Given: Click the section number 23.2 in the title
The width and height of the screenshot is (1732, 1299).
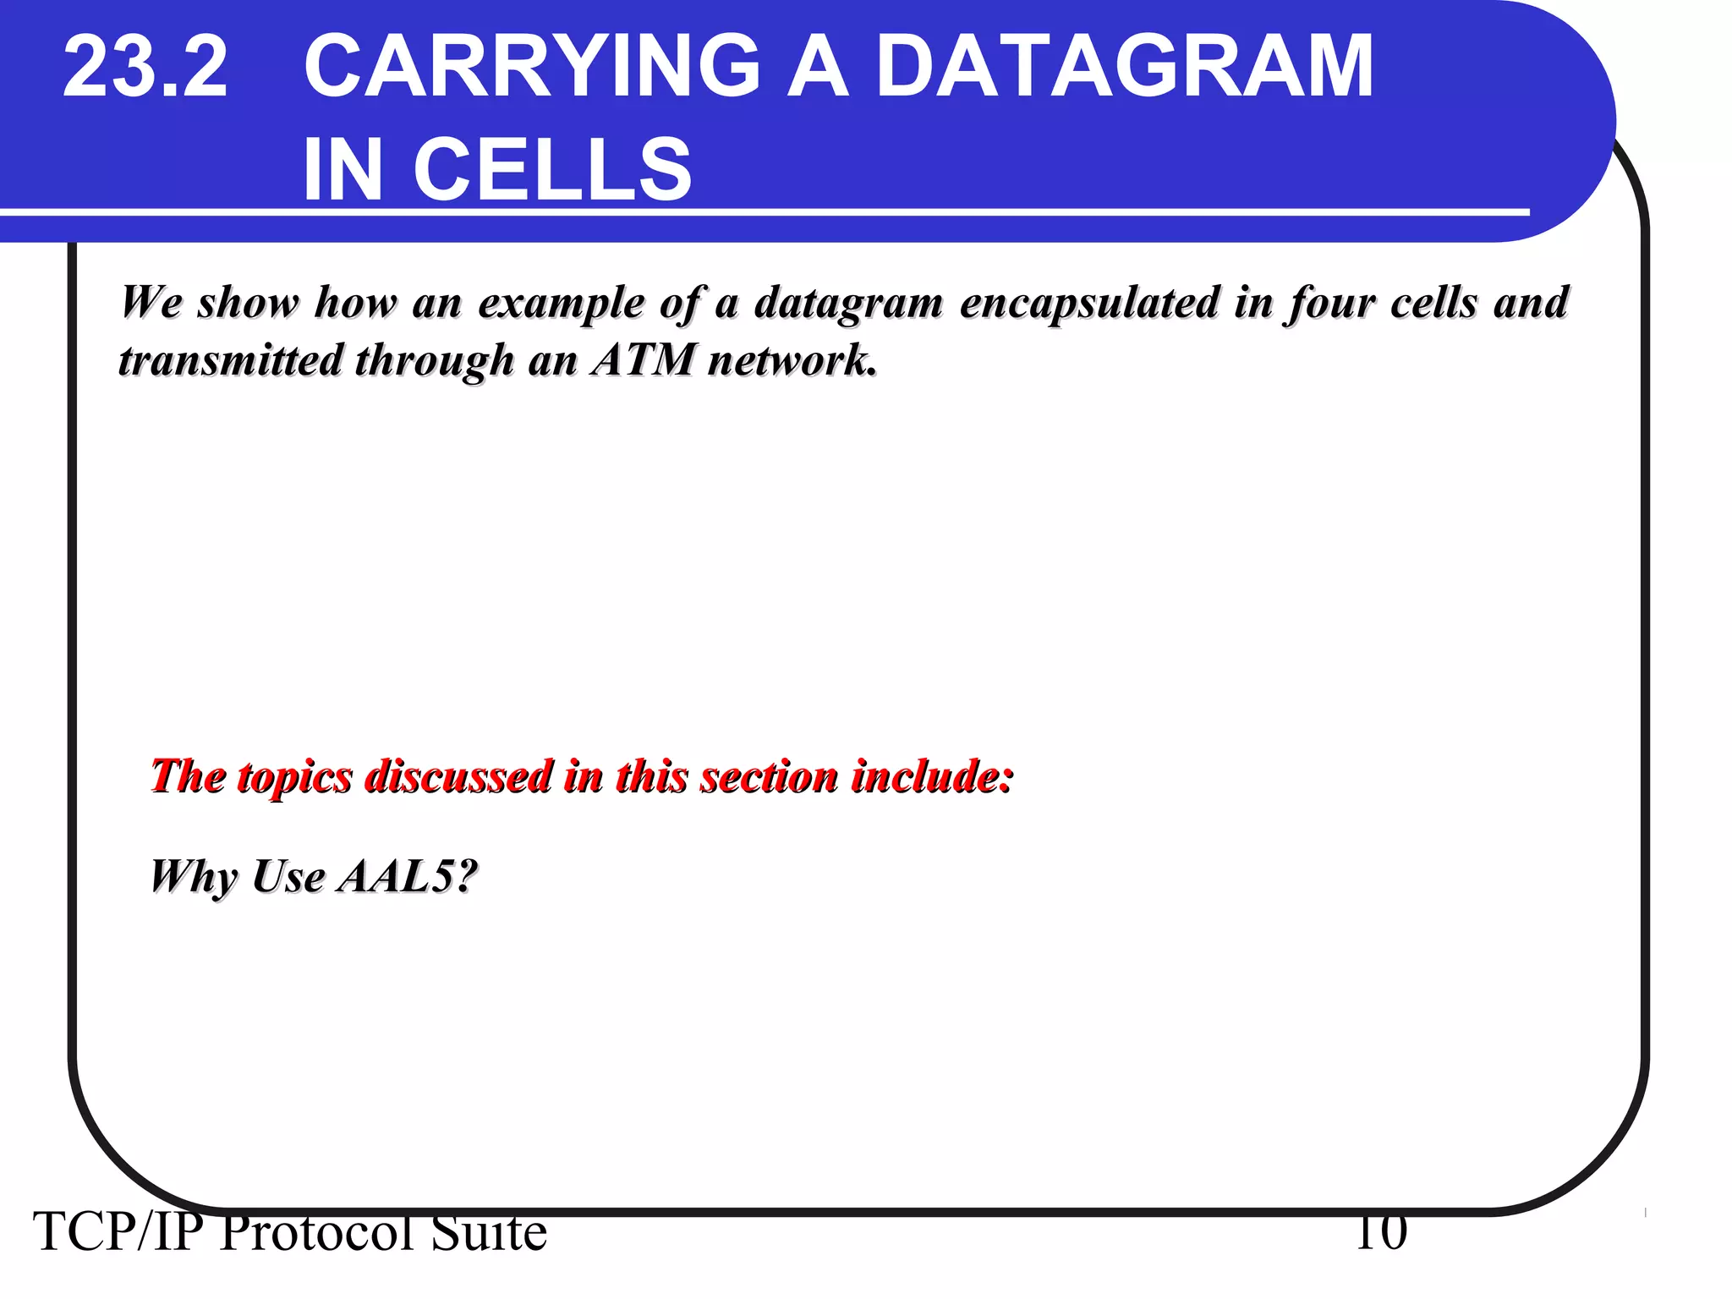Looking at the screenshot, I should [x=145, y=68].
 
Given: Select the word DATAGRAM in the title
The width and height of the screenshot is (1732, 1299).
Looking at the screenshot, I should [x=1125, y=68].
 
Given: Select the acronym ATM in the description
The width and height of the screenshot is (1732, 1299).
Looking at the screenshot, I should [x=643, y=361].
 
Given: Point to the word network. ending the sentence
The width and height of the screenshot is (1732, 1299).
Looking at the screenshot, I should [x=792, y=361].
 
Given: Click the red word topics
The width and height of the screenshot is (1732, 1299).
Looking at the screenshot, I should [x=295, y=776].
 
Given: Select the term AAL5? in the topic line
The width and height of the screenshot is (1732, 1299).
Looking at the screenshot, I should [x=408, y=876].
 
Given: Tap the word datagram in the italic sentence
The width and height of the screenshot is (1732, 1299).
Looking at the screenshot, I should [x=848, y=303].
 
